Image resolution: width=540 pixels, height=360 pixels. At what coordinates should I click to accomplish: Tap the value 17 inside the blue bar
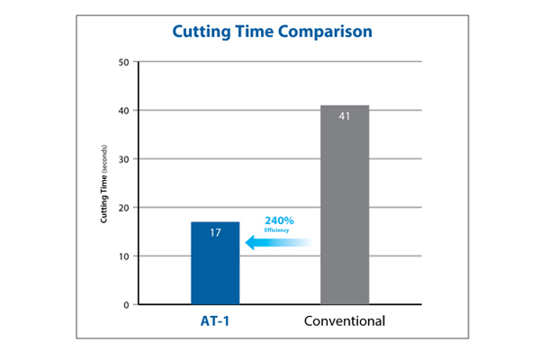pos(215,232)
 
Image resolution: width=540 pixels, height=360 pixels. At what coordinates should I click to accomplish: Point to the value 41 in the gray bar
pos(345,117)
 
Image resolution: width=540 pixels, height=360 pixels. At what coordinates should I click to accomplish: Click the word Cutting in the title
pos(203,32)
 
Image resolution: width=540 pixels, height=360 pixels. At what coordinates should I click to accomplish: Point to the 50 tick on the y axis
pos(124,62)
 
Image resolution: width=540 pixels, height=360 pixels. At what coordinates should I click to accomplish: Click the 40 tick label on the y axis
pos(124,111)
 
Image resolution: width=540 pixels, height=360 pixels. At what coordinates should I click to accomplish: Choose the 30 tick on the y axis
pos(124,159)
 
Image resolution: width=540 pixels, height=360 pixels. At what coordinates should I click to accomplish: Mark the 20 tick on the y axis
pos(124,208)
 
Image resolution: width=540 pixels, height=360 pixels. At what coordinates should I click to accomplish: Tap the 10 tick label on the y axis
pos(124,256)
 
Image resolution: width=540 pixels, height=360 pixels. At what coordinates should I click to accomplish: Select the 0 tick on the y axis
pos(127,305)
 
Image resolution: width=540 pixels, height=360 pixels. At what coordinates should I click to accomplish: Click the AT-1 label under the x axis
pos(215,321)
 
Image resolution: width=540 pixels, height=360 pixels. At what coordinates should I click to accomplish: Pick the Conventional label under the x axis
pos(345,321)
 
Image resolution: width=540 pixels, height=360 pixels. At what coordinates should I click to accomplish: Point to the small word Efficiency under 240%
pos(276,229)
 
